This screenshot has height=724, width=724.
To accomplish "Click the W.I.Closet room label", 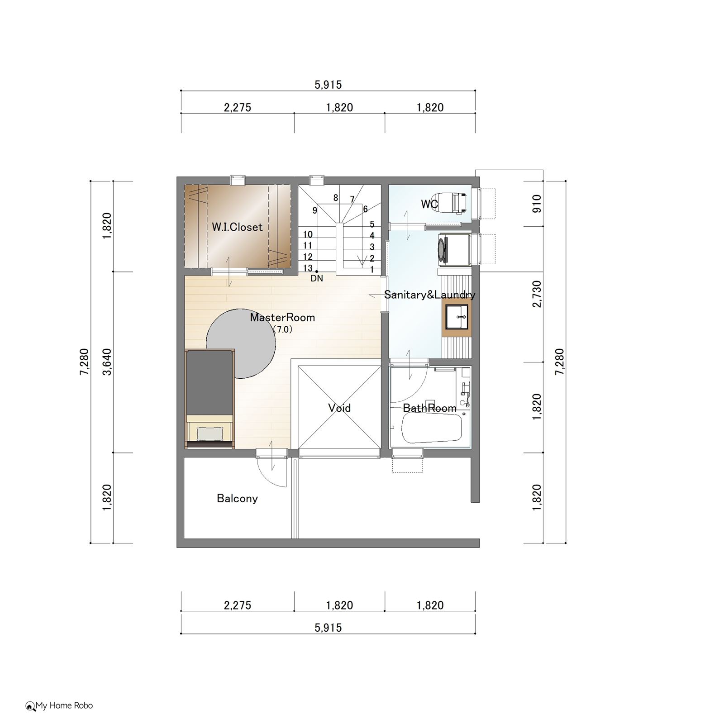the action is [x=237, y=227].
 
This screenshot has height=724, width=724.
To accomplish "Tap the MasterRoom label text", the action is [x=282, y=317].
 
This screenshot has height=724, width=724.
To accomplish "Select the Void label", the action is [x=339, y=408].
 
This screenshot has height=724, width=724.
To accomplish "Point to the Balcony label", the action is [x=237, y=498].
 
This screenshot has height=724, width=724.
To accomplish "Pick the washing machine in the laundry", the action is [x=454, y=248].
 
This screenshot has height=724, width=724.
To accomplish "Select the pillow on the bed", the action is [x=208, y=434].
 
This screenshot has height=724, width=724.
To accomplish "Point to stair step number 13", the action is [x=308, y=268].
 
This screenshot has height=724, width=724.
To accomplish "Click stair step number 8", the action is [x=336, y=198].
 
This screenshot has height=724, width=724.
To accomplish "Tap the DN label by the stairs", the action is [x=317, y=278].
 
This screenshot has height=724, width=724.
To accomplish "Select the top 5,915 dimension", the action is [x=328, y=85].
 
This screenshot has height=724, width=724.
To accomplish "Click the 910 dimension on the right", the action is [x=537, y=204].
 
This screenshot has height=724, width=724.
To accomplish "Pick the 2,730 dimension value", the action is [x=537, y=294].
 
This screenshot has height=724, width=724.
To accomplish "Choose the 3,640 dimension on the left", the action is [x=107, y=362].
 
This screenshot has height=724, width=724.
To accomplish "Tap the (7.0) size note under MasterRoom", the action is [x=282, y=329].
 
